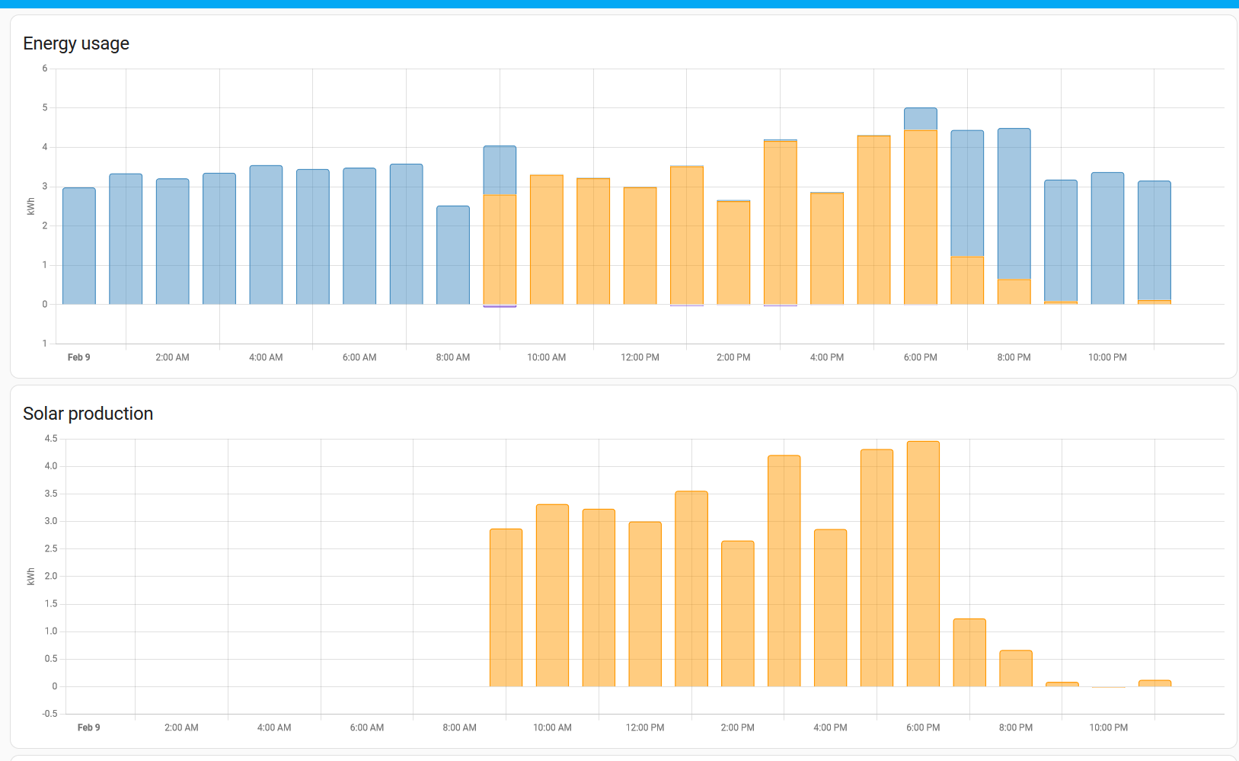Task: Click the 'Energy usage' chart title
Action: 76,43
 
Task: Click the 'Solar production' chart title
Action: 88,414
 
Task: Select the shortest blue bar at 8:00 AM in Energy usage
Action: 453,255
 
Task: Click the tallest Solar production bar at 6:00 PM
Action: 923,564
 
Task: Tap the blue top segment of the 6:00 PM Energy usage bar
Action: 921,119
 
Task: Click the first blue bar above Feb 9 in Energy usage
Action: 79,246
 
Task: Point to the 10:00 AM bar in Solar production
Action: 552,595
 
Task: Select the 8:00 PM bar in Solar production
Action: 1016,668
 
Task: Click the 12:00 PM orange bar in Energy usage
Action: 640,245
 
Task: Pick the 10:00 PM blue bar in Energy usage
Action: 1107,238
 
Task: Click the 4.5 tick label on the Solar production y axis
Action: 51,439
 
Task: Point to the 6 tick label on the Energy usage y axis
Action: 45,69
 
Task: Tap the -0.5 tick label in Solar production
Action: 50,714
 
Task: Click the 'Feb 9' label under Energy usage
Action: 78,357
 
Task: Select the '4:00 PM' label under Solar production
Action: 830,727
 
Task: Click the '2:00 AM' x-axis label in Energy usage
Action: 172,357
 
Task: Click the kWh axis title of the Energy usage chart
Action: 31,206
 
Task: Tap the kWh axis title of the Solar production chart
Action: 31,577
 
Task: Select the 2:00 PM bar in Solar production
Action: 737,613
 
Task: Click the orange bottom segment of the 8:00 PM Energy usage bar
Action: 1014,292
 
